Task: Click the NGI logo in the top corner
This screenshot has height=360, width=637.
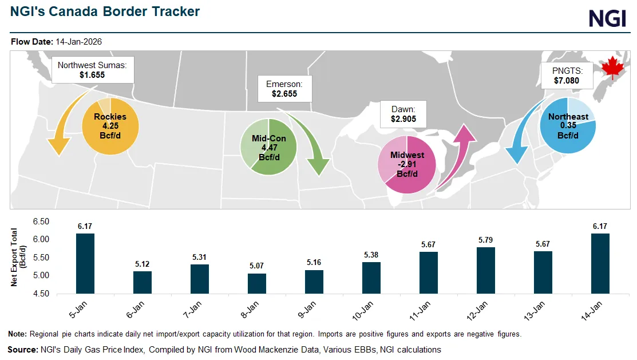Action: coord(608,18)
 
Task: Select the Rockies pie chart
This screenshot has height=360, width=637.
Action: coord(110,126)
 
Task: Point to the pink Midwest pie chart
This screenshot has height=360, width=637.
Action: coord(407,165)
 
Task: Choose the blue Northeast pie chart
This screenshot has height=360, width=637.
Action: coord(568,126)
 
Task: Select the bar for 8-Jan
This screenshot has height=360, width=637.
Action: coord(257,284)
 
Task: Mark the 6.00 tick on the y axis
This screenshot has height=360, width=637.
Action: coord(42,239)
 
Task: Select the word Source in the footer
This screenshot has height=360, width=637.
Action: coord(22,349)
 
